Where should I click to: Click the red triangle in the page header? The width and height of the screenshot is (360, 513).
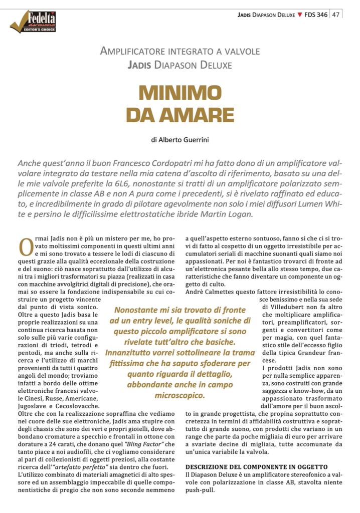coord(300,15)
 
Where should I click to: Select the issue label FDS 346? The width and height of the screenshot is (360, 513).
coord(316,15)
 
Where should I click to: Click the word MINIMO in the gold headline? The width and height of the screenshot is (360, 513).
coord(180,94)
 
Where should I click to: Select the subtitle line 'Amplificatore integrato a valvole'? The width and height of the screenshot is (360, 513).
coord(179,51)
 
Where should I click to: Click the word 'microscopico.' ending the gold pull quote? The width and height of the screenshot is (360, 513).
coord(181,395)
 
